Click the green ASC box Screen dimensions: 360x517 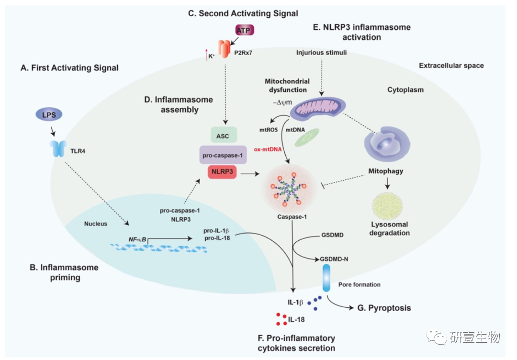[223, 136]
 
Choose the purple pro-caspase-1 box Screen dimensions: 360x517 [223, 155]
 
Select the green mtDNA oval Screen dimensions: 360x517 [309, 136]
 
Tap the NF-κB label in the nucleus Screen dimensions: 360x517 [137, 238]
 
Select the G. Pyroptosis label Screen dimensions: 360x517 [384, 308]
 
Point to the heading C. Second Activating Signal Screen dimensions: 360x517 [243, 13]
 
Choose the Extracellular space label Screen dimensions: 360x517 [451, 66]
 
